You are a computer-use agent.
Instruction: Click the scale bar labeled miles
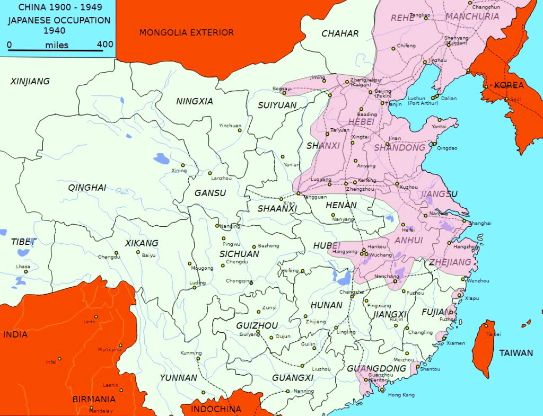[x=56, y=51]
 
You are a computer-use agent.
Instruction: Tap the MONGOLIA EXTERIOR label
[x=186, y=33]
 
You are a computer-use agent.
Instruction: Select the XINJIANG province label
[x=30, y=81]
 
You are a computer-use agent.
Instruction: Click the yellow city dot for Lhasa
[x=25, y=272]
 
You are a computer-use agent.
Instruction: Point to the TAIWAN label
[x=515, y=353]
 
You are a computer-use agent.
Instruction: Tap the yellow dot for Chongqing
[x=251, y=283]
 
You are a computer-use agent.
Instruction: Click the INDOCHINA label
[x=216, y=409]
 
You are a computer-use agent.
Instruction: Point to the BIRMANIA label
[x=94, y=400]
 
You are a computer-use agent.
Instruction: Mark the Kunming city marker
[x=197, y=359]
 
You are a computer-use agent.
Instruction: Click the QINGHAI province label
[x=87, y=187]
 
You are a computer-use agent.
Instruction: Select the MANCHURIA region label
[x=472, y=16]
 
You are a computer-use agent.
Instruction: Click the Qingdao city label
[x=446, y=148]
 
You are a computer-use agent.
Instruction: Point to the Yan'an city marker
[x=283, y=157]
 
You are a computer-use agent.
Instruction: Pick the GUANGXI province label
[x=293, y=378]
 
